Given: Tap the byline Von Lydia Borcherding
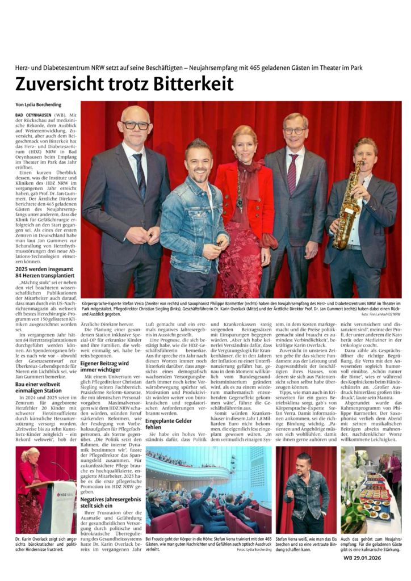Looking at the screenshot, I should (x=39, y=105).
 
